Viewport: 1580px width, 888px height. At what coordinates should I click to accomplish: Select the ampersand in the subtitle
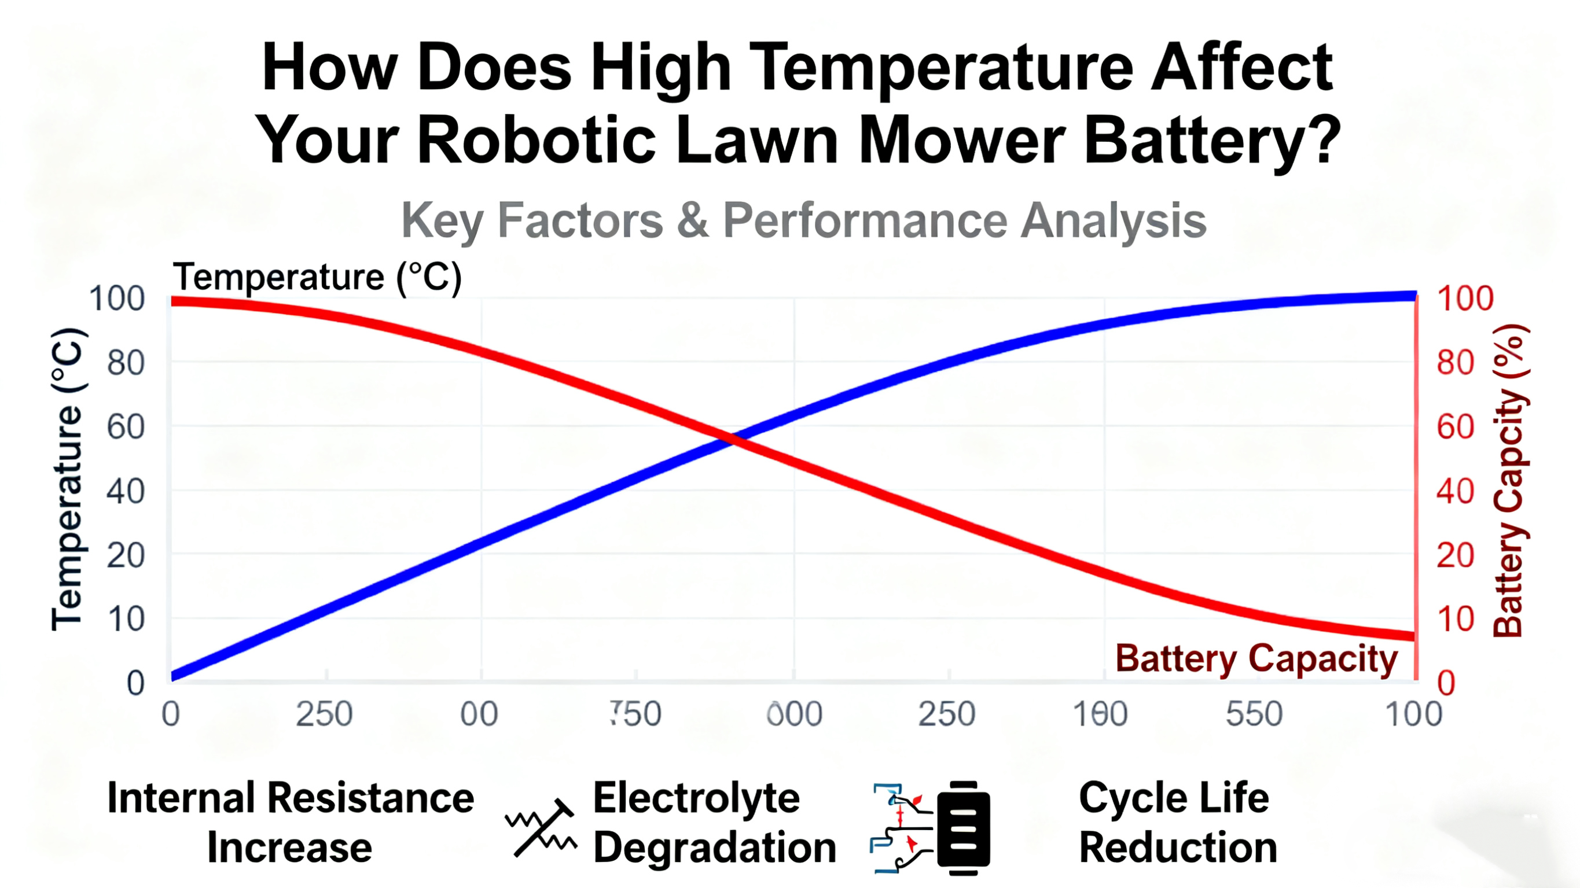(692, 220)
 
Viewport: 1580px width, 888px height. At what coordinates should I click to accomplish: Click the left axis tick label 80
(125, 363)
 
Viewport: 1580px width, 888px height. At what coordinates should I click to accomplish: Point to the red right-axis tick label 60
(1455, 427)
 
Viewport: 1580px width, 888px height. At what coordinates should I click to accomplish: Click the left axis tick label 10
(126, 620)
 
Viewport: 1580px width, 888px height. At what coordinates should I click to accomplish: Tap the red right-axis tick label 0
(1446, 683)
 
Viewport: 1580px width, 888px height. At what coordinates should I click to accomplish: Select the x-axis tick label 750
(636, 714)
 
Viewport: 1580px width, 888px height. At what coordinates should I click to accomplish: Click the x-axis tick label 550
(1254, 714)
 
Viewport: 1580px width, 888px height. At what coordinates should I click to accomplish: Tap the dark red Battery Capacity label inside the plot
(1255, 659)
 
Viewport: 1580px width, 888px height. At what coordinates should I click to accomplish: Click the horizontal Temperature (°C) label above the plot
(317, 277)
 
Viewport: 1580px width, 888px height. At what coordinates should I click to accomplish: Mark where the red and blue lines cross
(732, 439)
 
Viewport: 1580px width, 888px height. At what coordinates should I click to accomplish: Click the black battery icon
(963, 828)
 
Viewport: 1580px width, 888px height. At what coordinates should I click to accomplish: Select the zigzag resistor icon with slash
(541, 828)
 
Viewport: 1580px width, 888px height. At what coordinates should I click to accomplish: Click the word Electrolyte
(696, 798)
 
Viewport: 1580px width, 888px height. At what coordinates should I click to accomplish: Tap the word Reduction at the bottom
(1178, 848)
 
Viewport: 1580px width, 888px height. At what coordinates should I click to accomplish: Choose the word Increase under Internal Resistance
(289, 848)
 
